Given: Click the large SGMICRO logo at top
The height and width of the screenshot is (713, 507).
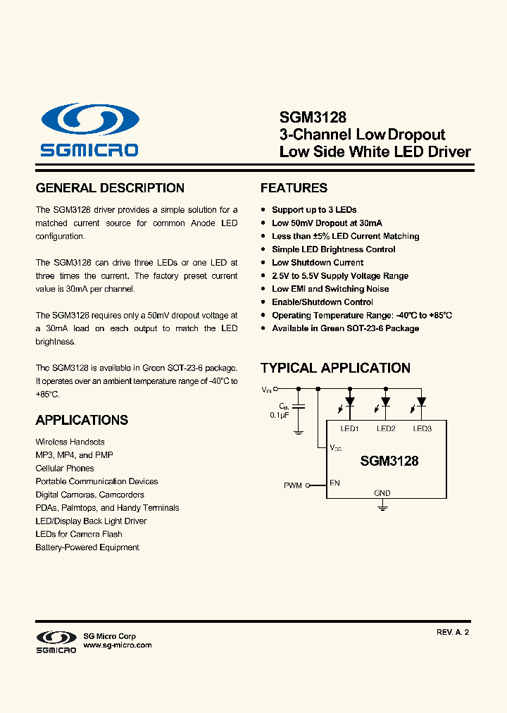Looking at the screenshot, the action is [89, 130].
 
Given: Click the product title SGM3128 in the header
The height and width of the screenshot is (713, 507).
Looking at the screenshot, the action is [303, 118].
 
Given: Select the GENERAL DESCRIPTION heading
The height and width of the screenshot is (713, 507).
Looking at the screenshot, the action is [110, 188].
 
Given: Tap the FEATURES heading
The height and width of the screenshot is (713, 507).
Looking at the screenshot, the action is [294, 188].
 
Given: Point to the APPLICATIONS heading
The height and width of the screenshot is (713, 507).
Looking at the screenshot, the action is [82, 420].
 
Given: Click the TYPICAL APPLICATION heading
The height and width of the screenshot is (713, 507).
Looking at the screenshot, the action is [335, 368].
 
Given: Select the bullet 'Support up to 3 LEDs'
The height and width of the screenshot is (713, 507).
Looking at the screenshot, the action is [314, 210].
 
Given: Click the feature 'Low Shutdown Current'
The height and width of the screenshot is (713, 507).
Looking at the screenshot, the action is [318, 263].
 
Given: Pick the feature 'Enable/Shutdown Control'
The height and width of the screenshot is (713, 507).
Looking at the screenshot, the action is [323, 302].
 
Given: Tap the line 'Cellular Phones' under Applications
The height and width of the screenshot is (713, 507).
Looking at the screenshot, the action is [65, 469].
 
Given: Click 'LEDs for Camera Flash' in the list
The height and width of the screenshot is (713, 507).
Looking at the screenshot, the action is [79, 534].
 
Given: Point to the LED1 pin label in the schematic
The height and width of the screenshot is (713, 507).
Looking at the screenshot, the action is [349, 429].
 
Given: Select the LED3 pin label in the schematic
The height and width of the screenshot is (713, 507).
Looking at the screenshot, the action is [422, 429].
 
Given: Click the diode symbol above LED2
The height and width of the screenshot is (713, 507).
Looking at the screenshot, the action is [385, 402].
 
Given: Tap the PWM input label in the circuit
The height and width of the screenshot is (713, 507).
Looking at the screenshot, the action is [293, 485].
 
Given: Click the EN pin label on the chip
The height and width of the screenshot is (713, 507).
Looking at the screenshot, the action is [334, 483].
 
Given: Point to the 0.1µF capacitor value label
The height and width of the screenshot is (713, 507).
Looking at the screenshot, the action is [280, 416].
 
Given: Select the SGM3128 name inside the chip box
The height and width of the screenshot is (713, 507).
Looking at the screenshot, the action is [389, 461].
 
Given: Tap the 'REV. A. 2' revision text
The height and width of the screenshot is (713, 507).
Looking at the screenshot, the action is [452, 633].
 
